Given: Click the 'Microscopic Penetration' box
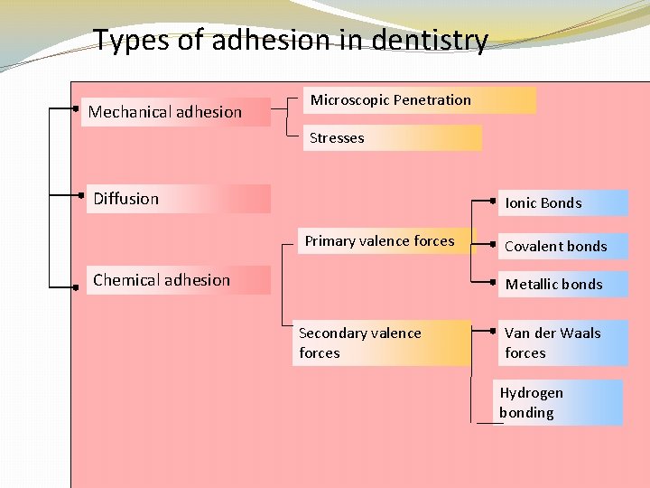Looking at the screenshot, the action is pyautogui.click(x=418, y=100).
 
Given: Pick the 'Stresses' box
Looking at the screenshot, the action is pyautogui.click(x=392, y=138).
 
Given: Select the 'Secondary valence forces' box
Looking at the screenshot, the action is pyautogui.click(x=382, y=343).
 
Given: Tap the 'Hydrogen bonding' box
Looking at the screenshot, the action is pyautogui.click(x=560, y=403).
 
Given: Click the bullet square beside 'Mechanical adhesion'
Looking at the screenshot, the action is pyautogui.click(x=77, y=108).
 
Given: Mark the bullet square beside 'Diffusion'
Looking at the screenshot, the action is pyautogui.click(x=81, y=193).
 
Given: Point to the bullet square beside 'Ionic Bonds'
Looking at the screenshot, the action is pyautogui.click(x=495, y=199).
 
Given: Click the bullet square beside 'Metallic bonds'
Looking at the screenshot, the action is pyautogui.click(x=495, y=280).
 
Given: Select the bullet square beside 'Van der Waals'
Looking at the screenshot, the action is pyautogui.click(x=495, y=330).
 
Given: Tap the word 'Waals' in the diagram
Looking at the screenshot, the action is pyautogui.click(x=581, y=333).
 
